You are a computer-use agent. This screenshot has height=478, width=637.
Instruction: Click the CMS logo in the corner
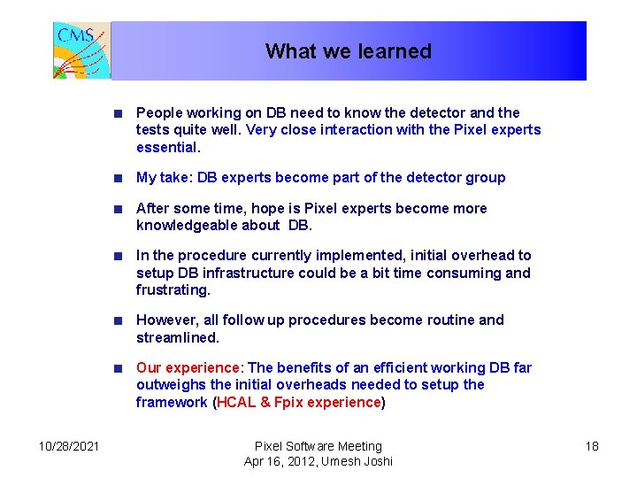click(81, 50)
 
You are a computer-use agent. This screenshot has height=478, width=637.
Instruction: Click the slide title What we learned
click(348, 51)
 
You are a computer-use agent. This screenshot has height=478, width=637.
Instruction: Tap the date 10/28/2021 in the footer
click(69, 446)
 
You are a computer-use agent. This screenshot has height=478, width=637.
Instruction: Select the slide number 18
click(592, 446)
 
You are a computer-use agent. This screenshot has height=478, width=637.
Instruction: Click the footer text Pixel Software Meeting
click(318, 446)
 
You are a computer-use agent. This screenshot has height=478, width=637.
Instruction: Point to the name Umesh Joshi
click(358, 461)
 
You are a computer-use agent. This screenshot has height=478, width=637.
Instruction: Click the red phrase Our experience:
click(189, 367)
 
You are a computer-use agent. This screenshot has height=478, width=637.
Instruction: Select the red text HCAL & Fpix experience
click(298, 402)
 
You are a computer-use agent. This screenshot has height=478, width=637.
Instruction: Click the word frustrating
click(173, 290)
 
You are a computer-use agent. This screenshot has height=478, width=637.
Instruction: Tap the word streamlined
click(176, 337)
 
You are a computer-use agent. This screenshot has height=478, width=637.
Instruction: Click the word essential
click(167, 147)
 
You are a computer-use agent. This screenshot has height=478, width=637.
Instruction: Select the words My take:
click(164, 178)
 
